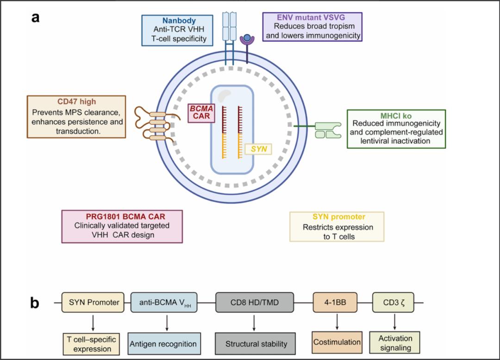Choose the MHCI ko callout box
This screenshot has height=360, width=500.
click(x=396, y=129)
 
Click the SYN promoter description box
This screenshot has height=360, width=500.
click(x=337, y=227)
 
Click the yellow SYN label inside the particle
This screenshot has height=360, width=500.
click(x=258, y=149)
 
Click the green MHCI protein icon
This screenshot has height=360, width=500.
click(x=327, y=130)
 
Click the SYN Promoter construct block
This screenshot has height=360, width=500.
click(x=94, y=303)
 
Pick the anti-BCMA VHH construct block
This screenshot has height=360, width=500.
click(x=166, y=303)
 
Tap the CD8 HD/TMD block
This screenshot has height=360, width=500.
click(x=255, y=303)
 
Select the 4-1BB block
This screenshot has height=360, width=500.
click(x=337, y=303)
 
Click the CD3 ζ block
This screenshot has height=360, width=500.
click(x=394, y=303)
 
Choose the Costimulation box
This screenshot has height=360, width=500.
click(x=337, y=342)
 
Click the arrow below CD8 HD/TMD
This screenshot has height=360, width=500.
click(x=255, y=322)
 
